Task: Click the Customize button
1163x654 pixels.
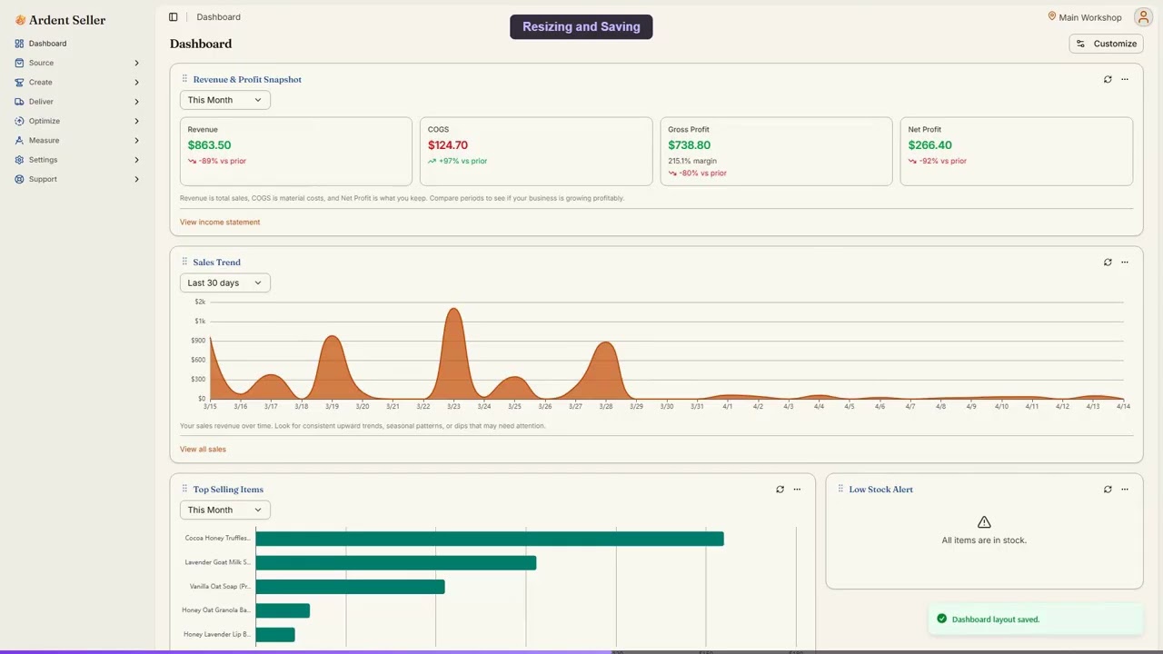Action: click(x=1106, y=44)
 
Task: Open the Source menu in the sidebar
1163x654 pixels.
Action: click(x=41, y=63)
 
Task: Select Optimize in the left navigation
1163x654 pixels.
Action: click(x=44, y=121)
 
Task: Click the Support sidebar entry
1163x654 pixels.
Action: click(x=43, y=179)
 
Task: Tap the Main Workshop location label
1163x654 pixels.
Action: click(x=1088, y=17)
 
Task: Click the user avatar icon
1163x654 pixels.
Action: click(x=1142, y=17)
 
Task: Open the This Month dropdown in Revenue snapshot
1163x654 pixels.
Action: click(x=224, y=100)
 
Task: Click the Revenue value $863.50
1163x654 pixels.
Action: click(x=209, y=145)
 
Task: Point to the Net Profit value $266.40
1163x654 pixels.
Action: click(x=929, y=145)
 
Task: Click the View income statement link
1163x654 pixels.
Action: click(x=220, y=222)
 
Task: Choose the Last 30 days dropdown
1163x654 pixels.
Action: click(x=224, y=282)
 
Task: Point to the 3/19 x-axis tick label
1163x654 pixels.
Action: click(x=332, y=406)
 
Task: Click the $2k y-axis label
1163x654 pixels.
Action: click(x=200, y=302)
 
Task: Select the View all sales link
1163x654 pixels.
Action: click(x=203, y=449)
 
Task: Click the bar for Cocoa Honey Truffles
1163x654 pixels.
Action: click(x=489, y=539)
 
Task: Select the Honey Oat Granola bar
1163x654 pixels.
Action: click(x=283, y=610)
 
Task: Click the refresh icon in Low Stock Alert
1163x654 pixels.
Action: click(x=1108, y=490)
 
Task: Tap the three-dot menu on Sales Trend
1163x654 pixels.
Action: click(x=1124, y=263)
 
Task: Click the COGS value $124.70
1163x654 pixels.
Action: click(x=448, y=145)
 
